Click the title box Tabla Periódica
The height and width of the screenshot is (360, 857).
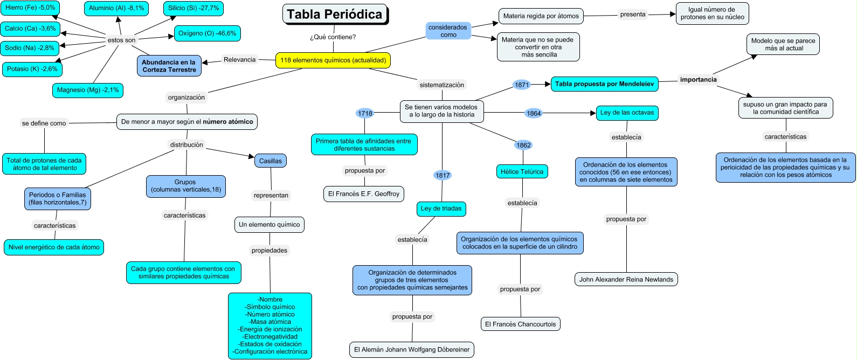coord(334,15)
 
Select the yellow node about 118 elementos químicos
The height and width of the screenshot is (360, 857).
coord(333,60)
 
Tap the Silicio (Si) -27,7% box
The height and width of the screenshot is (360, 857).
coord(193,9)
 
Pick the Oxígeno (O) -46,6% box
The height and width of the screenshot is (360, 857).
coord(207,33)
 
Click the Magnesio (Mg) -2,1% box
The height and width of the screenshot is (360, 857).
coord(88,90)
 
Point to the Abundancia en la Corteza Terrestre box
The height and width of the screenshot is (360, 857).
coord(169,66)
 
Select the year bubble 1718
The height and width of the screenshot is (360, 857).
coord(365,113)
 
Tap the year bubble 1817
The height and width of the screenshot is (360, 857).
coord(442,175)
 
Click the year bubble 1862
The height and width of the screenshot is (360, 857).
coord(523,145)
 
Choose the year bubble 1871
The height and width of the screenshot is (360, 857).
coord(522,85)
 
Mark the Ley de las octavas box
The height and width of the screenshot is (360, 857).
coord(627,113)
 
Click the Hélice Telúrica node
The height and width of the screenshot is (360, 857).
coord(522,171)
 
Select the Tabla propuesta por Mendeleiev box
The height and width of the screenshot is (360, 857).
coord(604,84)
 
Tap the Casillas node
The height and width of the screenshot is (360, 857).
coord(270,161)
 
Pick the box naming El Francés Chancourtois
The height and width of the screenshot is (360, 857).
coord(520,324)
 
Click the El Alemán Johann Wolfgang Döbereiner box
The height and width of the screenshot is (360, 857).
coord(412,349)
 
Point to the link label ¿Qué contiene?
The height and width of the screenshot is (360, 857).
coord(333,37)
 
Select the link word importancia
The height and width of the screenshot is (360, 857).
coord(698,80)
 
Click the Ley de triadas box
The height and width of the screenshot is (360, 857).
coord(441,209)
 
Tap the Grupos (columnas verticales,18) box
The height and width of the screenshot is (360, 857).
coord(186,186)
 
